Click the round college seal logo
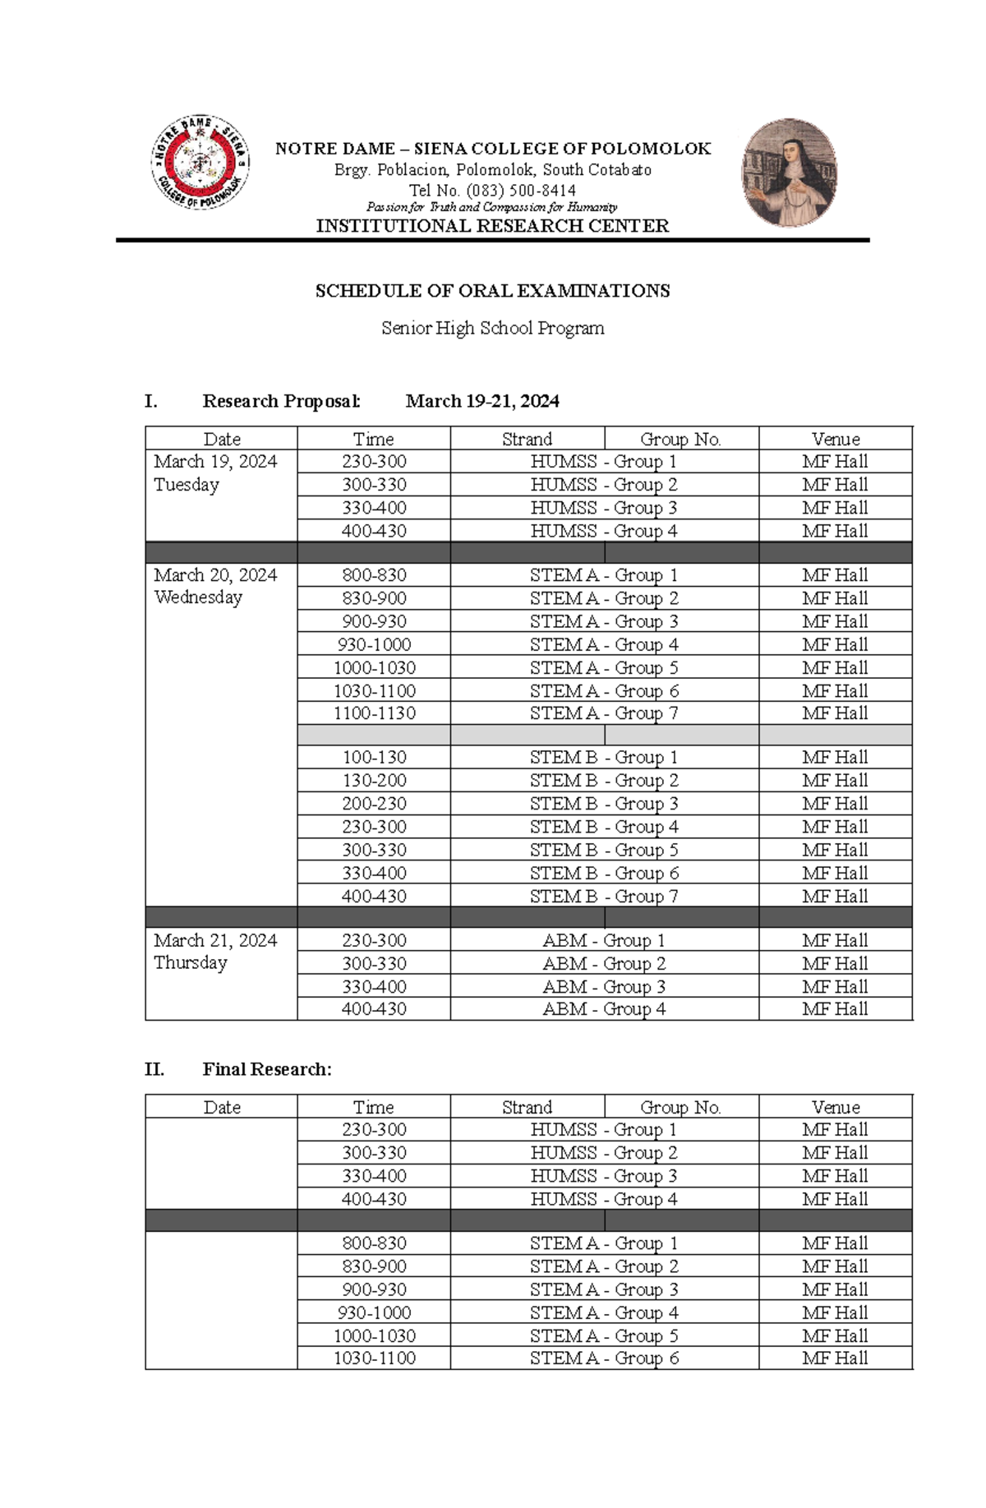[x=200, y=162]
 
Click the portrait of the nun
[x=789, y=172]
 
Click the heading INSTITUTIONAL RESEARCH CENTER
[x=492, y=226]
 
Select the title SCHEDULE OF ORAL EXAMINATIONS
[x=492, y=291]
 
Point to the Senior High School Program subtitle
[x=492, y=328]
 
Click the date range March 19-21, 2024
[x=482, y=401]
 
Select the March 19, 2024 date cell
[x=215, y=462]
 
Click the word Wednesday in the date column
[x=198, y=597]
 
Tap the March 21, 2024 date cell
[x=215, y=940]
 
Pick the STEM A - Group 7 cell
[x=604, y=713]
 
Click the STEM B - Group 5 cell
[x=604, y=850]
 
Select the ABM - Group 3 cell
[x=604, y=986]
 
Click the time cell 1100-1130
[x=374, y=713]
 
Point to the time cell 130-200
[x=374, y=780]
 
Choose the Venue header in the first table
[x=835, y=439]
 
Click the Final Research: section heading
[x=267, y=1069]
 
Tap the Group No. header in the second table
[x=680, y=1107]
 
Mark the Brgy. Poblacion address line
[x=492, y=170]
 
